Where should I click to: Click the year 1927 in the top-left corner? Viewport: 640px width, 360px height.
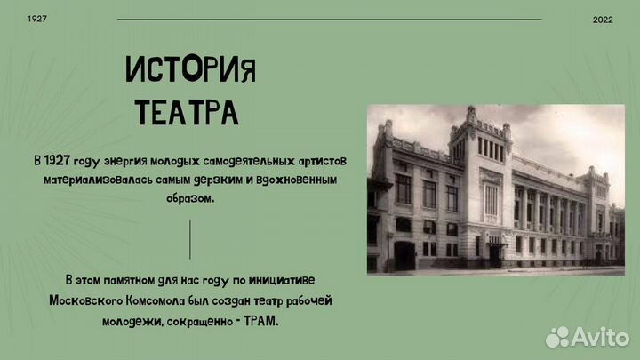pyautogui.click(x=37, y=19)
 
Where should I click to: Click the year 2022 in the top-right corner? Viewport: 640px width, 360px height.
pyautogui.click(x=603, y=19)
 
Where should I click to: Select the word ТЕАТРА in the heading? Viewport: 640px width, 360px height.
pyautogui.click(x=186, y=112)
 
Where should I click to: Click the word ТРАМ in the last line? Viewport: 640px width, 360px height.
pyautogui.click(x=260, y=319)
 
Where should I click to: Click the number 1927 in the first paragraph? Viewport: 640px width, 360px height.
pyautogui.click(x=62, y=161)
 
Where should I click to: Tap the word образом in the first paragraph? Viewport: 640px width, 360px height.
pyautogui.click(x=190, y=198)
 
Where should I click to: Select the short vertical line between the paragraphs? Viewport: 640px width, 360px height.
pyautogui.click(x=190, y=240)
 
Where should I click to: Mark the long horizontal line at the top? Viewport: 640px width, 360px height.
pyautogui.click(x=329, y=19)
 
